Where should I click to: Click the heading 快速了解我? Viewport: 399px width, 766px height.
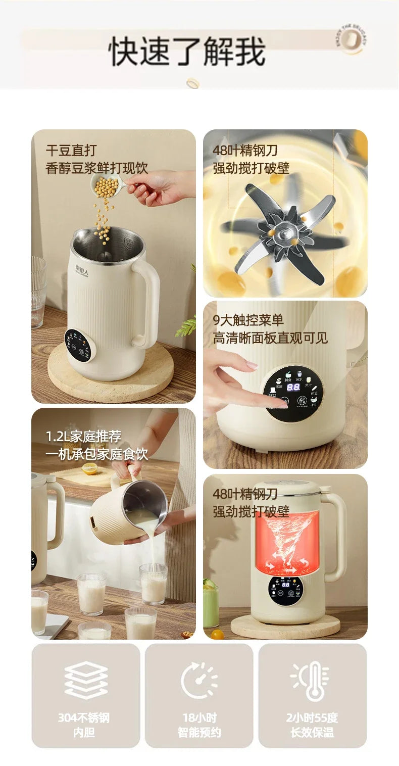click(x=187, y=51)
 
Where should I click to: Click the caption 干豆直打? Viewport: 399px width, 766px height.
click(x=71, y=150)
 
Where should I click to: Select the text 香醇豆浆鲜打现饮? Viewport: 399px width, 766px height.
click(x=97, y=168)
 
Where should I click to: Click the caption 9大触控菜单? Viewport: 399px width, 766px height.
click(x=248, y=320)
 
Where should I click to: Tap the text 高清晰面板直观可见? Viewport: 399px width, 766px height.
click(x=270, y=338)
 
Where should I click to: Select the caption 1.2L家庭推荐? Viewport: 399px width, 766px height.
click(x=84, y=436)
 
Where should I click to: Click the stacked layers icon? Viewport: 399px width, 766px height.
click(x=86, y=680)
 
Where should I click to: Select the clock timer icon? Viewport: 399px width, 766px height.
click(x=199, y=680)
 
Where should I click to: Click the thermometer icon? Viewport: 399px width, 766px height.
click(x=312, y=680)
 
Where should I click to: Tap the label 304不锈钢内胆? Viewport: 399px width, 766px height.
click(x=84, y=725)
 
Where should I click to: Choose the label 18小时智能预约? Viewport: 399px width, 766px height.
click(x=199, y=725)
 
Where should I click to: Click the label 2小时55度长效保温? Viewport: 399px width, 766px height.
click(x=312, y=725)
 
